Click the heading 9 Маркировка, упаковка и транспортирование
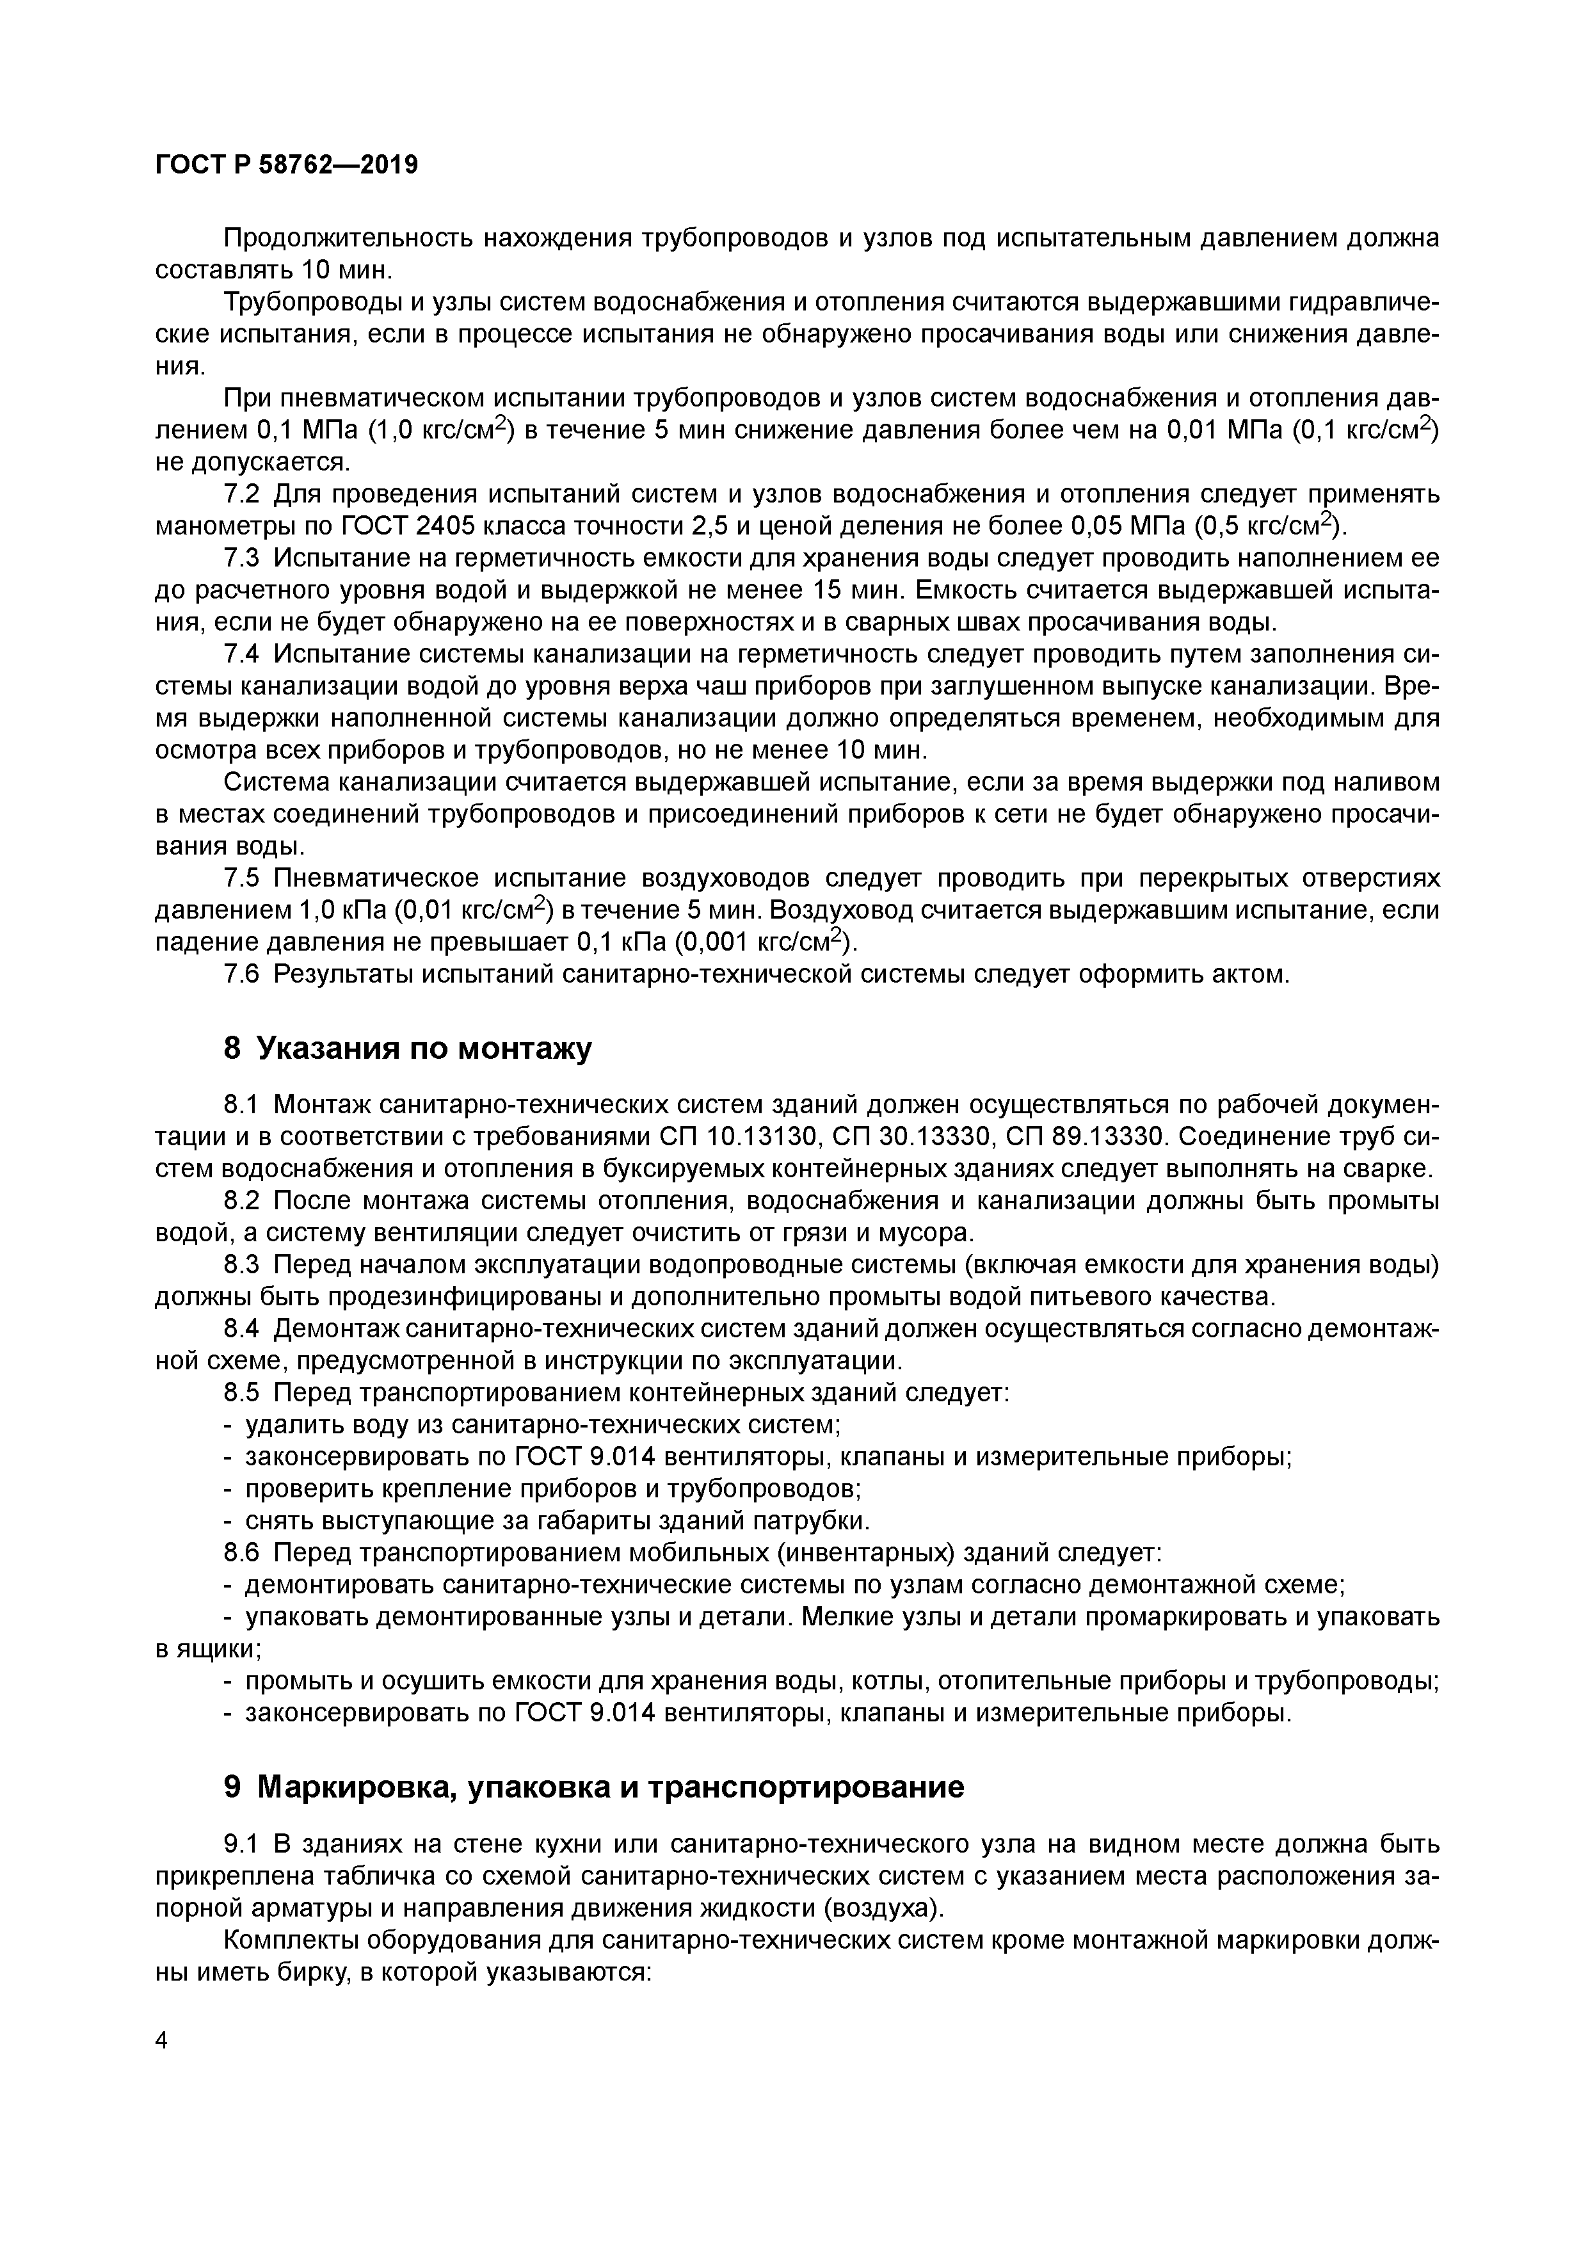tap(593, 1787)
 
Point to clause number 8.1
tap(241, 1105)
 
